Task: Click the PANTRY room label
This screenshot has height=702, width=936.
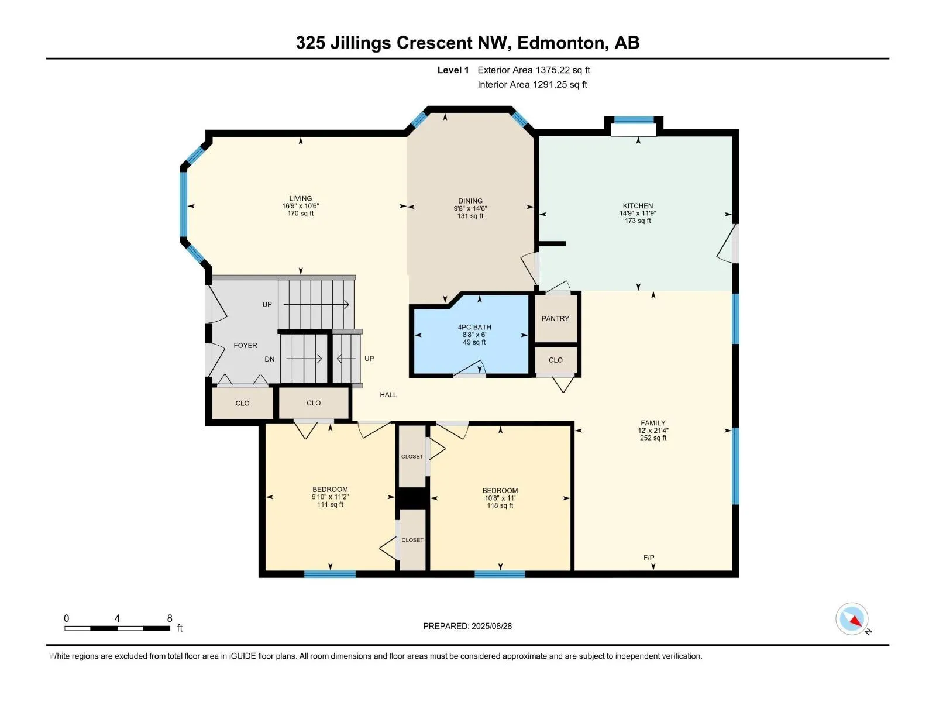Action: [555, 318]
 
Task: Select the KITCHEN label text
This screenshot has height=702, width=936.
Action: [638, 205]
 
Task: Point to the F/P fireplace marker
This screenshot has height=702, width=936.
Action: [649, 557]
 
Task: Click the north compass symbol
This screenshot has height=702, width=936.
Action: [852, 619]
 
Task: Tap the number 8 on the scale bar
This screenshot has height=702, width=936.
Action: [169, 618]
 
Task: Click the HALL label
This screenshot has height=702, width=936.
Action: [388, 395]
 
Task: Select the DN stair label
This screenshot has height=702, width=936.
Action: [269, 359]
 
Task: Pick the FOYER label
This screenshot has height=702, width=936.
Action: [245, 345]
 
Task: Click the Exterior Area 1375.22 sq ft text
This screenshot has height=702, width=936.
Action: [534, 70]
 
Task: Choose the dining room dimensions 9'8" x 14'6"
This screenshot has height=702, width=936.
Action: [470, 208]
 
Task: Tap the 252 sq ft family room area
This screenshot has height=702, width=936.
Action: [653, 438]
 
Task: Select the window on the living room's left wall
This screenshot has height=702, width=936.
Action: [183, 204]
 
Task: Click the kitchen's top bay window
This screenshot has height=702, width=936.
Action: [634, 120]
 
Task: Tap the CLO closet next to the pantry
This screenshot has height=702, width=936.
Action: [555, 360]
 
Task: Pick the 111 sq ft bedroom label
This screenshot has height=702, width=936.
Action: [329, 504]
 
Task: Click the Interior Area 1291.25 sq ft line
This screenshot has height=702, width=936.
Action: [532, 84]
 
